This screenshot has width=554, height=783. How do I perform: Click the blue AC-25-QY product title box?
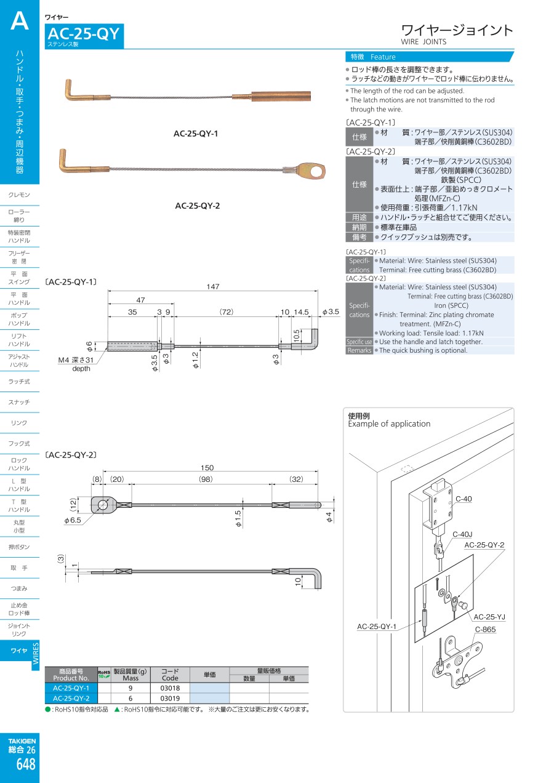coord(84,35)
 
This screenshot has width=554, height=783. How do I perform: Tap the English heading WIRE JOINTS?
coord(424,42)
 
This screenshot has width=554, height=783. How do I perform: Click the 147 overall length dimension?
coord(213,287)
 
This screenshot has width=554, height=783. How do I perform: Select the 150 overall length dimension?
coord(207,468)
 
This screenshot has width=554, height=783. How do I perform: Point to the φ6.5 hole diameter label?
coord(73,520)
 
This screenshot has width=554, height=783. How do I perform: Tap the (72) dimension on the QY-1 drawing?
coord(227,312)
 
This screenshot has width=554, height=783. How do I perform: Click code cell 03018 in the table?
coord(169,688)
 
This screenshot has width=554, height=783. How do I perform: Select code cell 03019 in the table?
coord(169,698)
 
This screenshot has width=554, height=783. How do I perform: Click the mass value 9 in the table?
coord(130,688)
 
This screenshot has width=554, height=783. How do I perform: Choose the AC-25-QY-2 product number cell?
coord(71,698)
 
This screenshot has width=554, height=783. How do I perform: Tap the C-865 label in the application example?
coord(485,630)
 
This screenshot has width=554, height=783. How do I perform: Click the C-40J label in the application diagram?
coord(462,534)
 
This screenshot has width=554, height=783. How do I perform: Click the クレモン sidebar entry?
coord(19,195)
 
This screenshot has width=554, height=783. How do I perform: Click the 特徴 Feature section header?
coord(373,57)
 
